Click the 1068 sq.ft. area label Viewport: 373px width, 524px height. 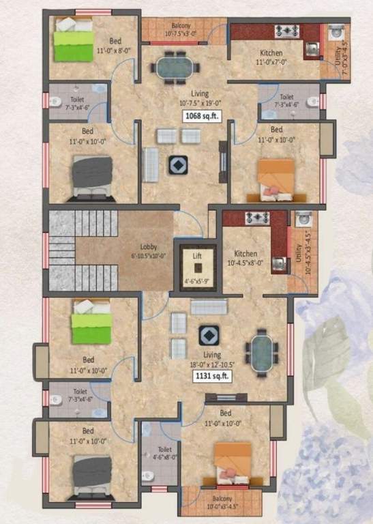pos(201,116)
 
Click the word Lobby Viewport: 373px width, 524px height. pos(149,248)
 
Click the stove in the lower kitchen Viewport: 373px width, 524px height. pos(257,218)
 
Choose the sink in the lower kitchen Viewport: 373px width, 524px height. pos(278,261)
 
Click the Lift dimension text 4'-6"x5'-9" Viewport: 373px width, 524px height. pos(197,280)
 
